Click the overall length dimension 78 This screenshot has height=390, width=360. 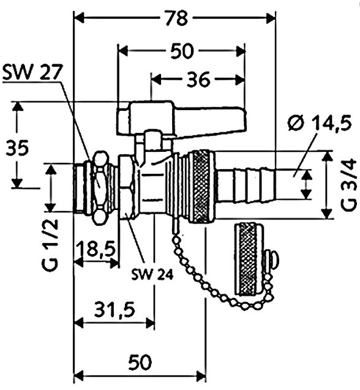[176, 18]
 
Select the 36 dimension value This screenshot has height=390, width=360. [198, 80]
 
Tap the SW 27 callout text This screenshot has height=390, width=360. [32, 72]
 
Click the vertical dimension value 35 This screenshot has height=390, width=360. [17, 148]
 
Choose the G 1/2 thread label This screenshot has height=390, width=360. [50, 244]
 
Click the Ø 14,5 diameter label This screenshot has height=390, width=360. [320, 122]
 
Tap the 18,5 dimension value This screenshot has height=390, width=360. [96, 249]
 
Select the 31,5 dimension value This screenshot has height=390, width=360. [114, 309]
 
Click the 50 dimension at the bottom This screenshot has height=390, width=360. [140, 362]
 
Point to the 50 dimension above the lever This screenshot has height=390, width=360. [182, 51]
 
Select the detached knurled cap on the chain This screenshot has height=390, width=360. [249, 260]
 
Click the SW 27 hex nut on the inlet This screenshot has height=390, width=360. [100, 188]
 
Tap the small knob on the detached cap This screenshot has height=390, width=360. [272, 260]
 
